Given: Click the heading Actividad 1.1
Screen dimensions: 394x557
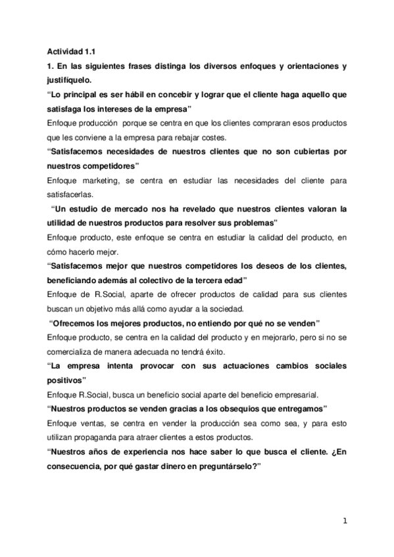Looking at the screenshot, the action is coord(71,52).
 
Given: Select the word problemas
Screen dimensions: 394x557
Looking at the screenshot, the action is coord(254,223).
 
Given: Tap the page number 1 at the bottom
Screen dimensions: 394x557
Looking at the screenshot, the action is coord(344,522).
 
